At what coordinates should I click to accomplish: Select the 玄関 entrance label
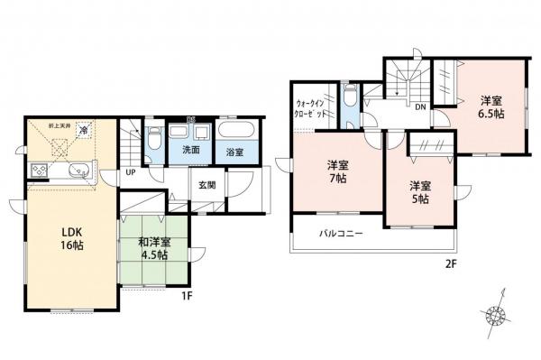coord(205,185)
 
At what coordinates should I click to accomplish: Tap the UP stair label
coord(131,171)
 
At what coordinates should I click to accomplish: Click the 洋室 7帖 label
coord(337,171)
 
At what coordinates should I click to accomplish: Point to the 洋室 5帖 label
coord(419,192)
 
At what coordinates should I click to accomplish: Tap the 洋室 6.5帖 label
coord(491,107)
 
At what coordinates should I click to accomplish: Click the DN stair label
coord(420,106)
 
